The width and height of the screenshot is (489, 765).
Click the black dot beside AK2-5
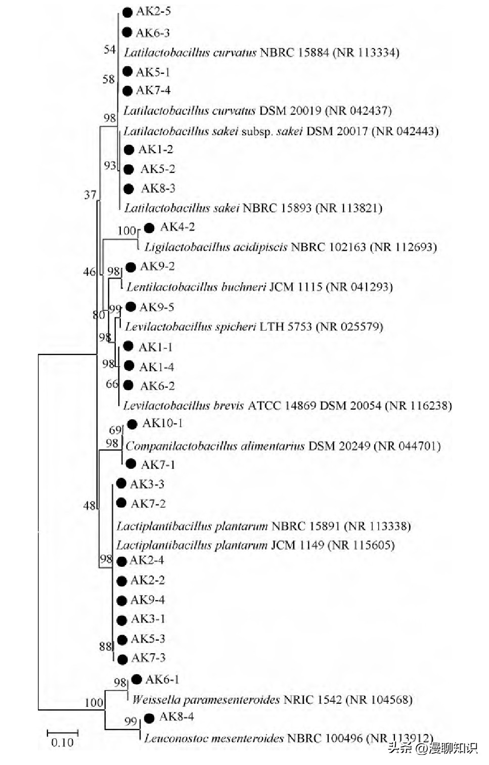coord(127,12)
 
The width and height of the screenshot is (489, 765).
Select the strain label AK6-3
coord(153,33)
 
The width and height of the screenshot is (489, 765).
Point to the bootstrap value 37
coord(90,195)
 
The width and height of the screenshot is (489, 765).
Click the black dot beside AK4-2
coord(149,228)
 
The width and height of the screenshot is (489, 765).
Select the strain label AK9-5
coord(157,307)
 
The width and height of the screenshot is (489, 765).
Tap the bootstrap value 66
coord(112,384)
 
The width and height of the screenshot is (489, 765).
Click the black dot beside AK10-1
coord(132,424)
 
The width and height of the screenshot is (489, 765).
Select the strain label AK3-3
coord(147,484)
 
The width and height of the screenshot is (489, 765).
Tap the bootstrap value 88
coord(105,646)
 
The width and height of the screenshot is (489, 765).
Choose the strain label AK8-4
coord(176,717)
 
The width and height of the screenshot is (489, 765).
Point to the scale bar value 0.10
coord(62,743)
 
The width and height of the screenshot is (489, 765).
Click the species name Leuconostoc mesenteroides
coord(214,739)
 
